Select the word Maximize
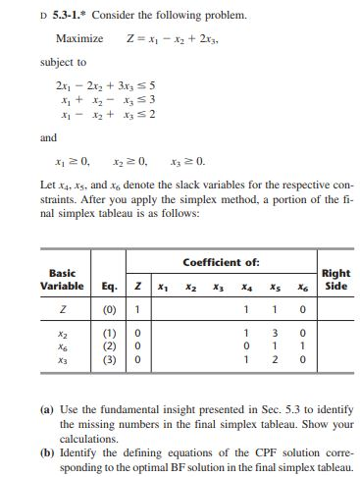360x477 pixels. pyautogui.click(x=80, y=37)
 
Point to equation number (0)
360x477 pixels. pyautogui.click(x=110, y=284)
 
